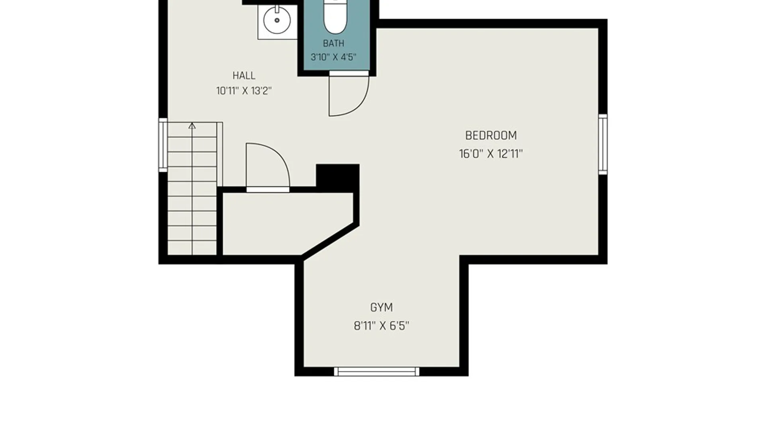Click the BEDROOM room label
coord(491,136)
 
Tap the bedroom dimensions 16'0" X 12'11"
coord(491,154)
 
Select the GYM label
coord(381,307)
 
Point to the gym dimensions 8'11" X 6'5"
coord(381,326)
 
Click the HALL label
coord(244,76)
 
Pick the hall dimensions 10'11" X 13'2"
coord(244,91)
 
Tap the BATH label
coord(333,43)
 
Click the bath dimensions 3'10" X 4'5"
coord(333,57)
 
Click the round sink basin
coord(277,20)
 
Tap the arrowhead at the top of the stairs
coord(192,126)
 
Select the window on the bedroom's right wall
coord(603,144)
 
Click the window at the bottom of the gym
coord(377,371)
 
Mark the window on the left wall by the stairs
coord(163,145)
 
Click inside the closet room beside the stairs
coord(279,223)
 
